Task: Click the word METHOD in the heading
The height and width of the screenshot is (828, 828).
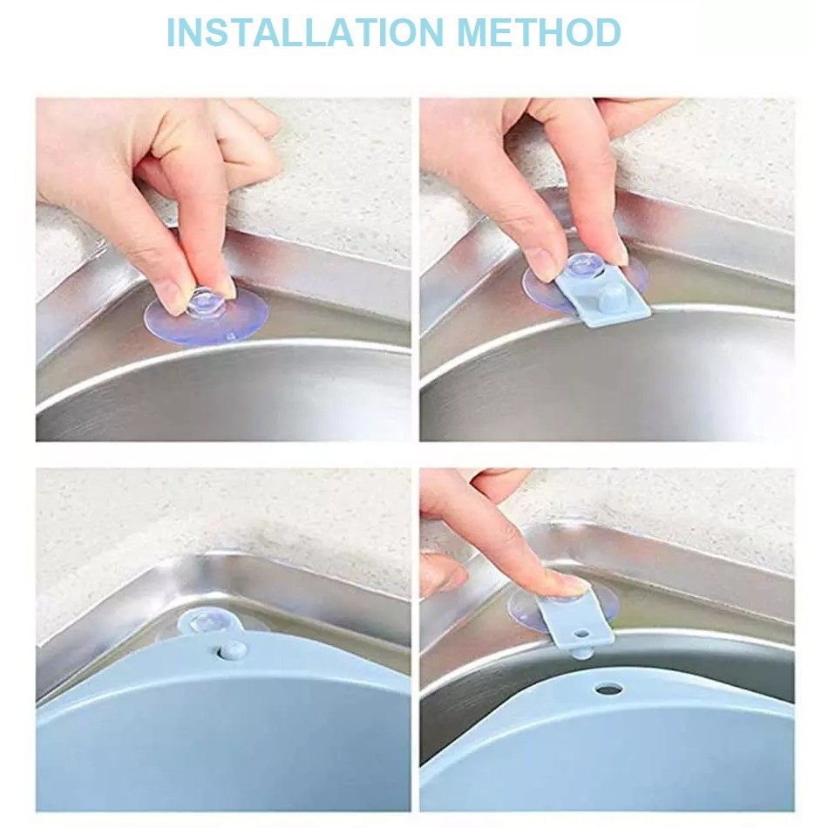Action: click(539, 33)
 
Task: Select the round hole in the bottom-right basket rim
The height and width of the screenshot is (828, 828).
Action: click(608, 689)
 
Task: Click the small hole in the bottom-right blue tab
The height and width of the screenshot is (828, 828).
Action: click(582, 632)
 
